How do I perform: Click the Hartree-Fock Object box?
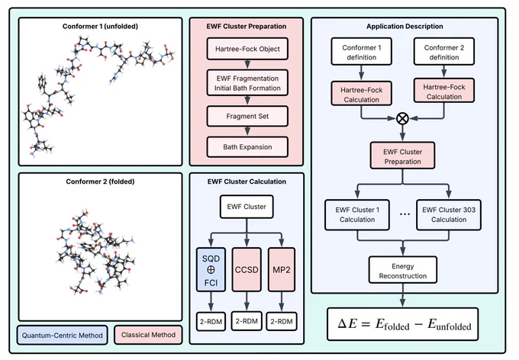[x=247, y=49]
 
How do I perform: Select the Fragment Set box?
[x=247, y=116]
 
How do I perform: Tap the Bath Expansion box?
[x=247, y=147]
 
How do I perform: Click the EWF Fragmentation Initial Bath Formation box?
[x=247, y=82]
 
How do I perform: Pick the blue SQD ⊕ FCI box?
[x=211, y=270]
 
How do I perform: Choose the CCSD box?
[x=247, y=270]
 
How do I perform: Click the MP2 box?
[x=282, y=270]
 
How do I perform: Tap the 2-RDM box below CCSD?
[x=247, y=321]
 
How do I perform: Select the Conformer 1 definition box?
[x=362, y=51]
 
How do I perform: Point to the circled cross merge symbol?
[x=402, y=118]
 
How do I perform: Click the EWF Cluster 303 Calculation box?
[x=449, y=215]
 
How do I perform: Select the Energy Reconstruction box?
[x=403, y=270]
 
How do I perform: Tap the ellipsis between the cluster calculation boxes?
[x=405, y=214]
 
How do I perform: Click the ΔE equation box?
[x=403, y=324]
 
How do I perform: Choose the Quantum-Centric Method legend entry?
[x=63, y=335]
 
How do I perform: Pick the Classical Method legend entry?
[x=148, y=335]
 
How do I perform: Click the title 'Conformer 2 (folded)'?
[x=100, y=182]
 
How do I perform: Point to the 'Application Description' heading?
[x=405, y=26]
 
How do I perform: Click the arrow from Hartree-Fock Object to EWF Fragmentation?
[x=247, y=65]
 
